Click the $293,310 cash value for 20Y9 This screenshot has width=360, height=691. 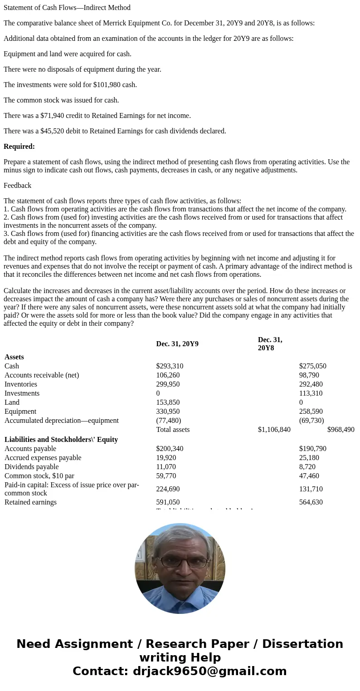point(170,366)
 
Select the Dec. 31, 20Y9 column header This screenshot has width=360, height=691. point(177,344)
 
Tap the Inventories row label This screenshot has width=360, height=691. point(21,384)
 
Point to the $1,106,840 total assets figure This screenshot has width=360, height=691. point(274,430)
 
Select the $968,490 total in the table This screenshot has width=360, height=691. point(341,430)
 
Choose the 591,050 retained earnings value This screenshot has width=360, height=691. point(168,502)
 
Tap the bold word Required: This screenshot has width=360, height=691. point(19,147)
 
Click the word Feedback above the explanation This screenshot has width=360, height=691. point(17,186)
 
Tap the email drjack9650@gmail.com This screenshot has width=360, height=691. point(209,671)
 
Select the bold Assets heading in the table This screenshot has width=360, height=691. point(14,357)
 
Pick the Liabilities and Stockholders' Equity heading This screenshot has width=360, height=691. point(61,440)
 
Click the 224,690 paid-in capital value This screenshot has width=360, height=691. point(168,489)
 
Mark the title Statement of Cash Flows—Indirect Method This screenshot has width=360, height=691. point(67,8)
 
